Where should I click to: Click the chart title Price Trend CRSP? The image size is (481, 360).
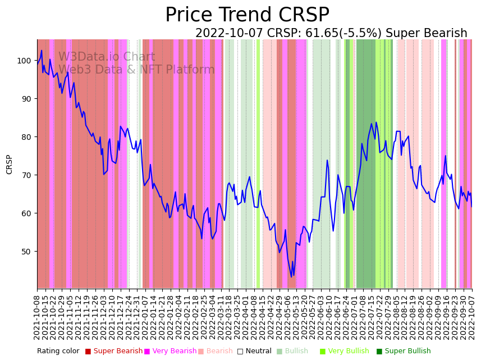click(247, 15)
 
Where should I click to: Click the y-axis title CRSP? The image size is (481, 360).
click(10, 164)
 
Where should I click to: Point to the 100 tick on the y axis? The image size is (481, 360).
click(27, 61)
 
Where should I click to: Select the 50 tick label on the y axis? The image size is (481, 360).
click(27, 251)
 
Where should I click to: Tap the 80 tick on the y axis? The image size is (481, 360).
click(27, 136)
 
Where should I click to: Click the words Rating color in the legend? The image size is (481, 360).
click(58, 352)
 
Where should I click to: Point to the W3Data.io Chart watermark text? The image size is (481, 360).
click(107, 57)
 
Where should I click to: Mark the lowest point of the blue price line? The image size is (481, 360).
click(291, 277)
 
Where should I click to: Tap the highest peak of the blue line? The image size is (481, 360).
click(42, 51)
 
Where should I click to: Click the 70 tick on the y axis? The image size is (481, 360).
click(27, 175)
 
